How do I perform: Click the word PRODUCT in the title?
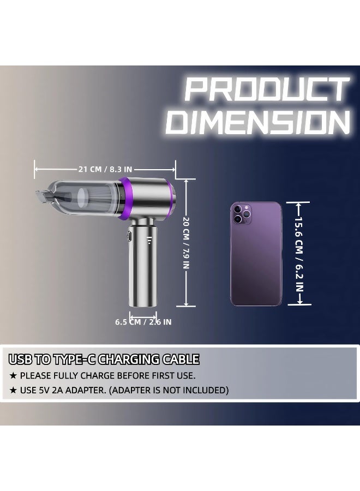[x=267, y=89]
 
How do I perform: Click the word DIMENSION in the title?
[x=257, y=122]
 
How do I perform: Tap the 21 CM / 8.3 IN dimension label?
[x=105, y=170]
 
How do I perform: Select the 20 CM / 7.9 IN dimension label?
[x=186, y=243]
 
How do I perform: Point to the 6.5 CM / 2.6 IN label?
[x=143, y=322]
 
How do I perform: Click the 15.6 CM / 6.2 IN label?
[x=299, y=254]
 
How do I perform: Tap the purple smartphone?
[x=256, y=254]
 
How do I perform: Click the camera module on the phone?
[x=241, y=213]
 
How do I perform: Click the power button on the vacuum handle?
[x=129, y=236]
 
